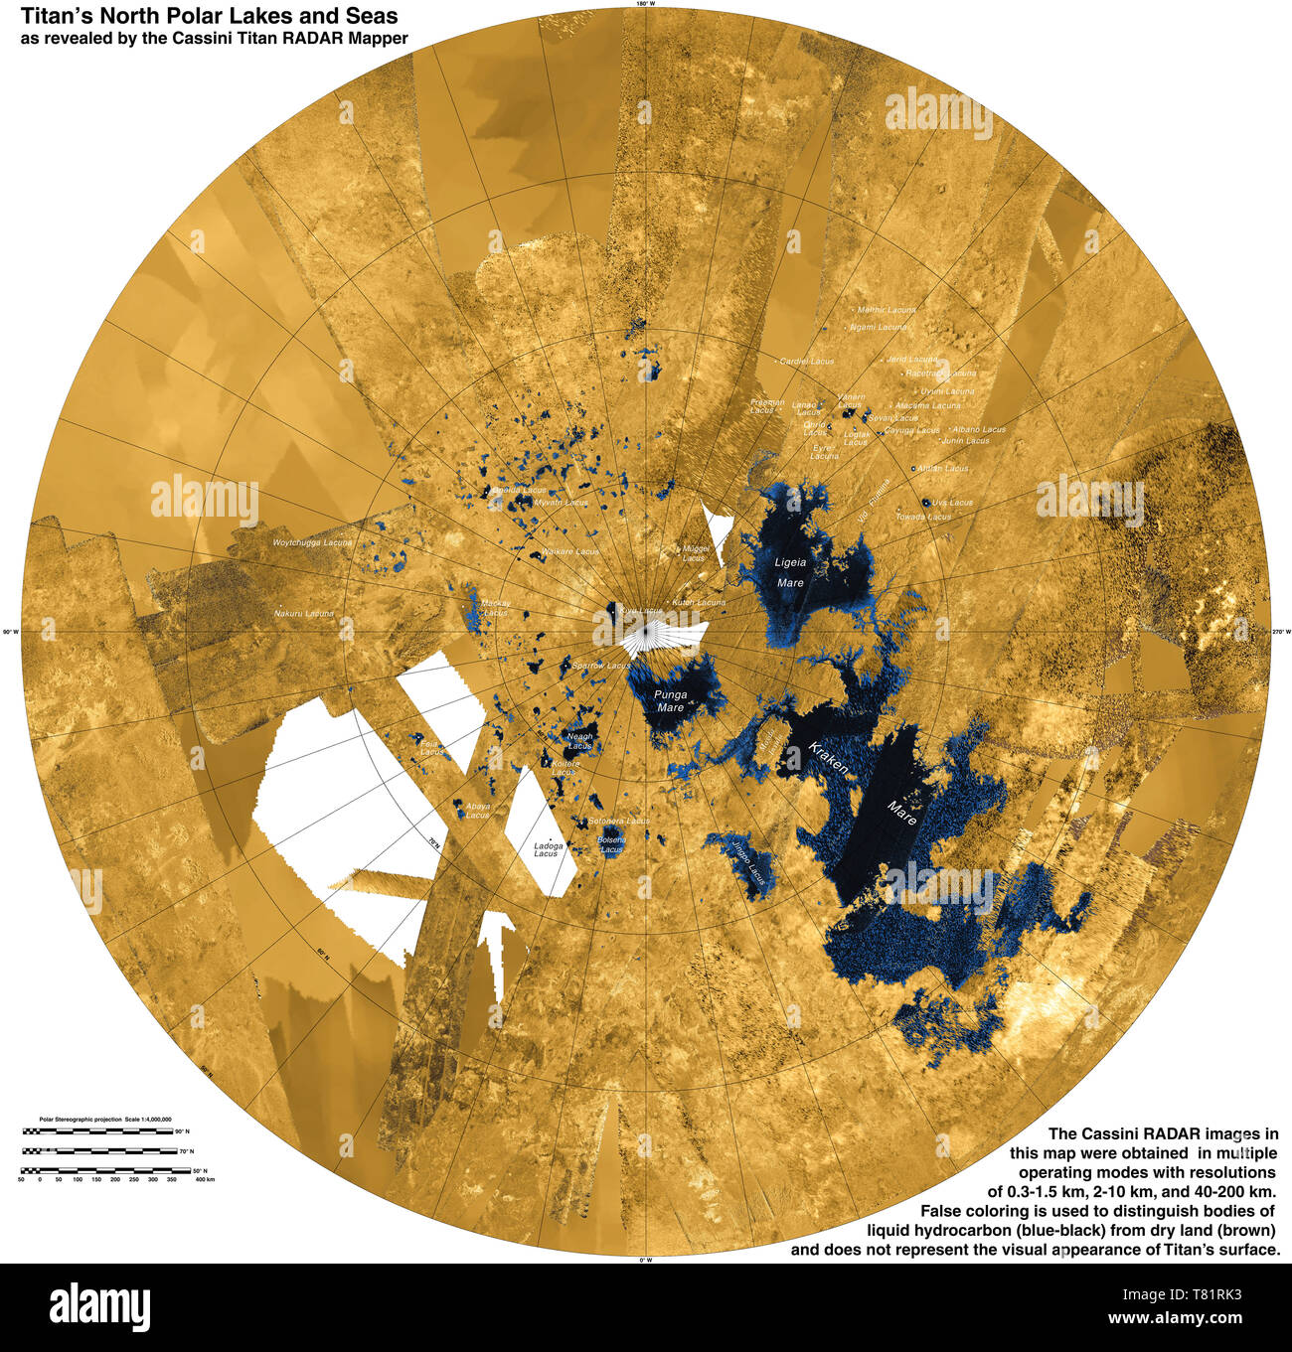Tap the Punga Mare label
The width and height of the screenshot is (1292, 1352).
click(669, 701)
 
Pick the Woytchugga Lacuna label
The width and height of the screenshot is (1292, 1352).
click(313, 543)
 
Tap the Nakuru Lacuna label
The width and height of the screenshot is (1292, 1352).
click(304, 614)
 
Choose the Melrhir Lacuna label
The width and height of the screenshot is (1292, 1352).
click(886, 310)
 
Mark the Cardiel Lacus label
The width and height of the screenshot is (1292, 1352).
click(806, 362)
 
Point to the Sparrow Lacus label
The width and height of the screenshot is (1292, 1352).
click(601, 665)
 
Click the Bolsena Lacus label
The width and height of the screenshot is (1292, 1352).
click(611, 844)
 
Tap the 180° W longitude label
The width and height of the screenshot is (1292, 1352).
click(645, 5)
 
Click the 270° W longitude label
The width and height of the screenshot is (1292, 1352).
click(1281, 631)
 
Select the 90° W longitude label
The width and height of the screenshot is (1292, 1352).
click(11, 632)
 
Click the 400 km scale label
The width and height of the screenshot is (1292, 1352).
click(204, 1178)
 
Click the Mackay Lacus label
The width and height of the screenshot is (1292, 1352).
click(495, 608)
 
